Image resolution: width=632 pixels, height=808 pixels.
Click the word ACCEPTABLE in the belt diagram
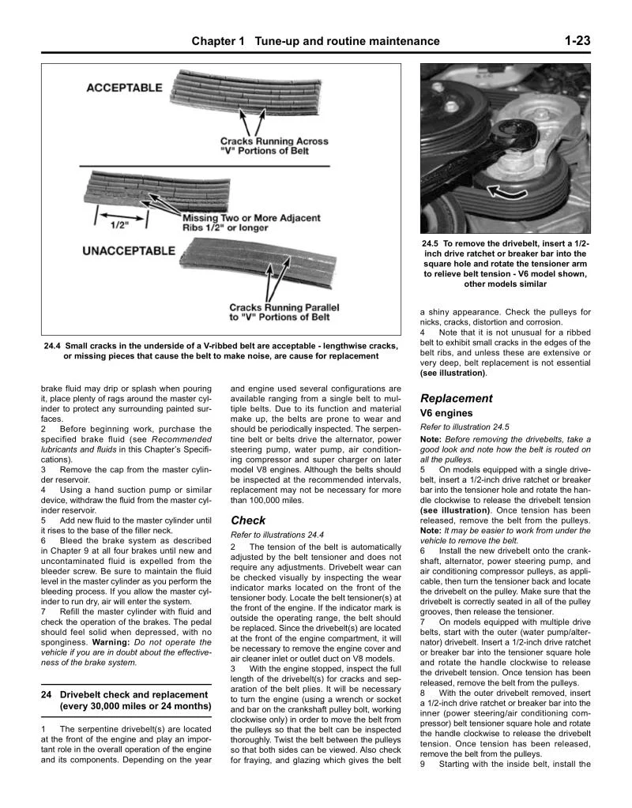point(124,88)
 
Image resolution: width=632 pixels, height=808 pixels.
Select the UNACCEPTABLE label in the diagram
point(130,250)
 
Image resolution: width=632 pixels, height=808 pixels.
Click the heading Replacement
point(456,398)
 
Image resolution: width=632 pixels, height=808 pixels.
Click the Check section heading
point(248,521)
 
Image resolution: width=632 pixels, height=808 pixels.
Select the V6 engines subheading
point(446,413)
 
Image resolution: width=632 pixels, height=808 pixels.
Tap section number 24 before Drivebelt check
point(47,694)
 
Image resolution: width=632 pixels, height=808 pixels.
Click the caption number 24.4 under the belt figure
point(54,346)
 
